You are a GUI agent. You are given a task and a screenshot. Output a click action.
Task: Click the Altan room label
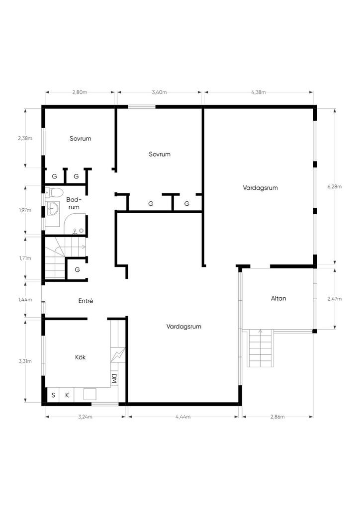(278, 298)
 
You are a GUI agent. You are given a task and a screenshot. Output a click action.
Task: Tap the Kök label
(80, 357)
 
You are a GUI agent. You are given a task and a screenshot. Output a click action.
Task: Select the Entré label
(86, 301)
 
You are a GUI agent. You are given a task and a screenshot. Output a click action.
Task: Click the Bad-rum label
(74, 203)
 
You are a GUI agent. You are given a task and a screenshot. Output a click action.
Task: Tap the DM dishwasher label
(114, 378)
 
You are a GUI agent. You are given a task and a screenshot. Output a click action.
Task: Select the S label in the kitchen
(53, 395)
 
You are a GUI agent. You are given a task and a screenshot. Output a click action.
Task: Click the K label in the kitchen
(67, 395)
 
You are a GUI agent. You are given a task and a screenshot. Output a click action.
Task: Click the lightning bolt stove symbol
(117, 355)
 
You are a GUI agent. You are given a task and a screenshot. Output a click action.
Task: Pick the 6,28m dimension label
(335, 187)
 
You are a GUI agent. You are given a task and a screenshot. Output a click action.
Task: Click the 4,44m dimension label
(183, 417)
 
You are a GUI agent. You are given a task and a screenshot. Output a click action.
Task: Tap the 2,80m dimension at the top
(80, 92)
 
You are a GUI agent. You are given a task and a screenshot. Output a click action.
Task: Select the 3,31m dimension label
(25, 361)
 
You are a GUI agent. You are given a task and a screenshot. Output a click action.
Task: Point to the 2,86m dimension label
(277, 417)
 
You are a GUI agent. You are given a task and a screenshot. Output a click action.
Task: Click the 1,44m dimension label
(25, 300)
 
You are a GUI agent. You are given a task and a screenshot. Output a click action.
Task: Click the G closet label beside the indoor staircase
(77, 270)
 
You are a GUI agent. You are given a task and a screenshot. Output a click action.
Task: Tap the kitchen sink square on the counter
(90, 394)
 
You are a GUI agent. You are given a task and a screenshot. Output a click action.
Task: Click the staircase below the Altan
(260, 348)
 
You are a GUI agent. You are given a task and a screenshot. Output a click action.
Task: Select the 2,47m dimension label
(335, 299)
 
